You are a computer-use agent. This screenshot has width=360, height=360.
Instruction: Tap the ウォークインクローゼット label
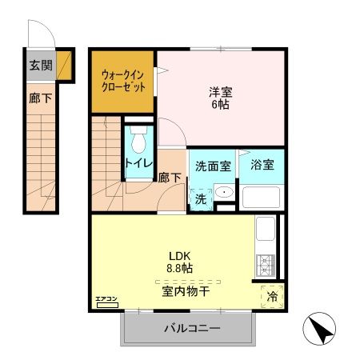(123, 82)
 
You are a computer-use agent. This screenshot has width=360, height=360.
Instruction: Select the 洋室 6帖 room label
(221, 97)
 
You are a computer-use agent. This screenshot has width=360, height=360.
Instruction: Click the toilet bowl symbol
(139, 142)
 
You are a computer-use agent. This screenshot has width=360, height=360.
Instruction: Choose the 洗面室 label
(212, 166)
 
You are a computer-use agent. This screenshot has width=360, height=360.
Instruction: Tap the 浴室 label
(262, 166)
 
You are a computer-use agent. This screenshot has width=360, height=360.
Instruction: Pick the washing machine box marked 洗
(202, 198)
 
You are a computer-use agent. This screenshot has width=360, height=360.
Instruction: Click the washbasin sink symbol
(225, 193)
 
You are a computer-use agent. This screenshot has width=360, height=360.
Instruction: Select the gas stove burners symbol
(266, 263)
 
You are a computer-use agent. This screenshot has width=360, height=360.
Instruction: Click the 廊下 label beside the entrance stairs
(37, 100)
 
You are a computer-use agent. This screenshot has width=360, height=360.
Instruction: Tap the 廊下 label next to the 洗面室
(169, 178)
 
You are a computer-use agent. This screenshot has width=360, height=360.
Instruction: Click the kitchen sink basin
(266, 232)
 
